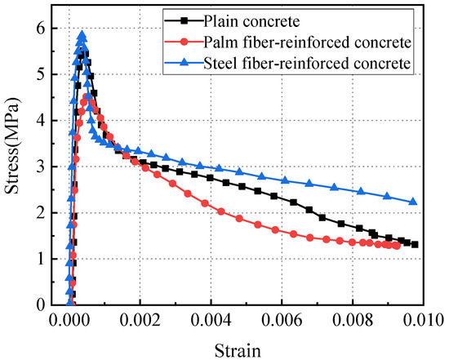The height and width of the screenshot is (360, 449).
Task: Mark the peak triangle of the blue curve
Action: (x=82, y=35)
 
